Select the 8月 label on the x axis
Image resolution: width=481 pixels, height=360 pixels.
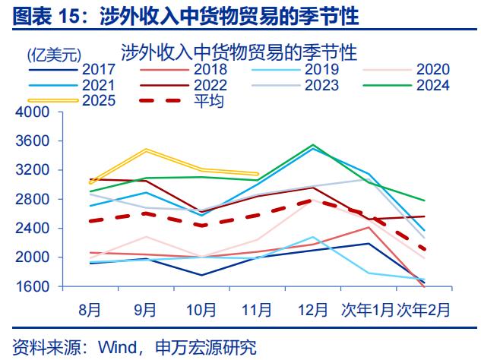click(90, 309)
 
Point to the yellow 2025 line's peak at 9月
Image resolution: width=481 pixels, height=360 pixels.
click(145, 150)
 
